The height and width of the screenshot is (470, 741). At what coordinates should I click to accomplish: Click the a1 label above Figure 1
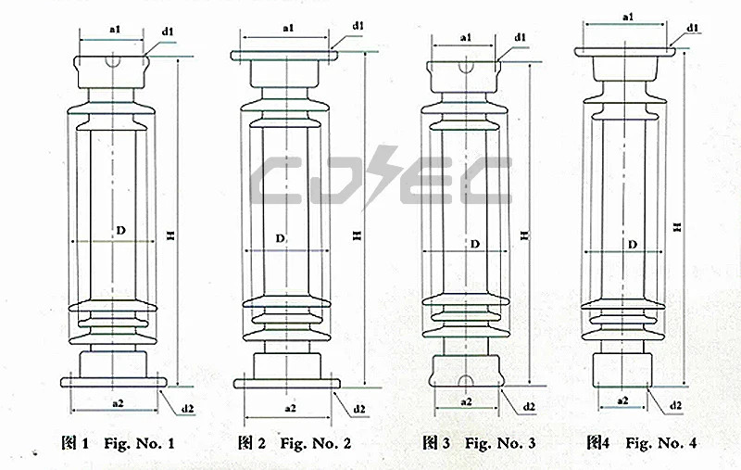pyautogui.click(x=115, y=30)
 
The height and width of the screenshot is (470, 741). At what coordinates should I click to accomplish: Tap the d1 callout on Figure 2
pyautogui.click(x=358, y=26)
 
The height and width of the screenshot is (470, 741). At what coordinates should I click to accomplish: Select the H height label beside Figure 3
pyautogui.click(x=524, y=235)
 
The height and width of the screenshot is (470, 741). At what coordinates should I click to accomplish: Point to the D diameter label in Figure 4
pyautogui.click(x=633, y=245)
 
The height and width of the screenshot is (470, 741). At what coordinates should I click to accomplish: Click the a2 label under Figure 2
pyautogui.click(x=290, y=408)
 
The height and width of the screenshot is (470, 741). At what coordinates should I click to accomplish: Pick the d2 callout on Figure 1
pyautogui.click(x=188, y=408)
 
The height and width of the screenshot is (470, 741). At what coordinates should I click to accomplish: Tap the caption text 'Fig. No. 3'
pyautogui.click(x=500, y=443)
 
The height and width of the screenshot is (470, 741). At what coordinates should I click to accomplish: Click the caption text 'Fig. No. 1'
pyautogui.click(x=139, y=443)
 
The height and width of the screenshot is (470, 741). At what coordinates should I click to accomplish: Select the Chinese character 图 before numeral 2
pyautogui.click(x=245, y=442)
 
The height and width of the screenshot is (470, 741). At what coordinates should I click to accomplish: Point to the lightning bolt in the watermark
pyautogui.click(x=383, y=176)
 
